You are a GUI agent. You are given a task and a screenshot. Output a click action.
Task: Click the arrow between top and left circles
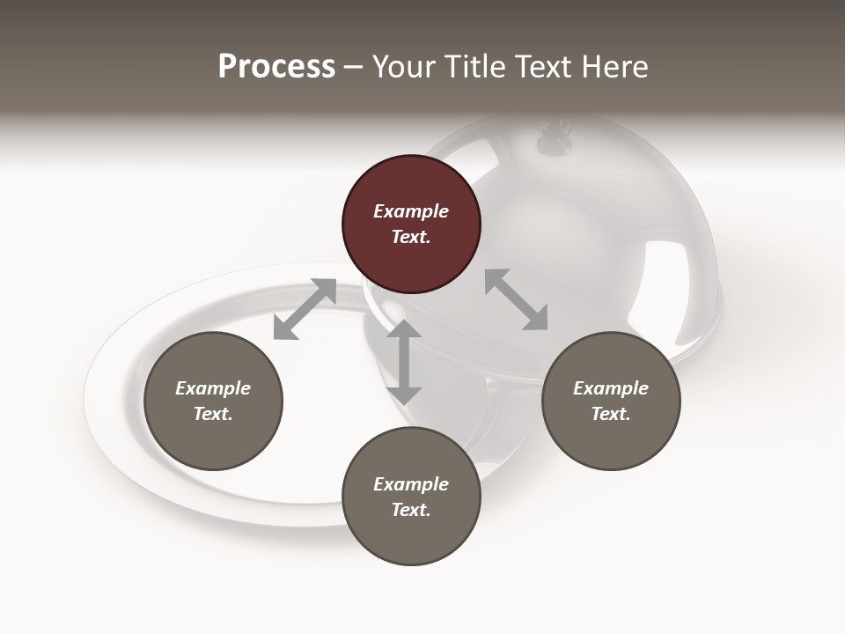(305, 308)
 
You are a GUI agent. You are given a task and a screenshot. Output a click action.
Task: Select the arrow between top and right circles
(517, 299)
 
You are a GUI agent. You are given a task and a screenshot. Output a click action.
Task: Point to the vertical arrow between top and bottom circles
(404, 362)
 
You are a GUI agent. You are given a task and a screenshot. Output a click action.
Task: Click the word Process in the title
(276, 67)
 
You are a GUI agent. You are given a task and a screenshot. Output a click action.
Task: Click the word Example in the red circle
(411, 211)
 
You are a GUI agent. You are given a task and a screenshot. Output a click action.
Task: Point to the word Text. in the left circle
(213, 414)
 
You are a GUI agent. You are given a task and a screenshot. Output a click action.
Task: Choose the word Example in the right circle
(611, 388)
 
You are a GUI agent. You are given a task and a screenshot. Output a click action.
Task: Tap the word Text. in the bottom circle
(411, 510)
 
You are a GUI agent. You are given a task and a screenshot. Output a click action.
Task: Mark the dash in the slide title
(354, 68)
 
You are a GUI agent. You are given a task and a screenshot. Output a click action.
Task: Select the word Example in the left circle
(213, 388)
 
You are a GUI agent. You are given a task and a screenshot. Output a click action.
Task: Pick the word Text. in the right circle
(611, 414)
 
